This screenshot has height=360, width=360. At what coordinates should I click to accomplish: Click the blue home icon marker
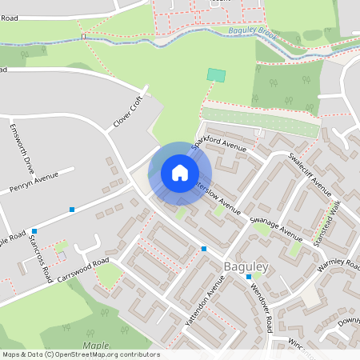(x=180, y=173)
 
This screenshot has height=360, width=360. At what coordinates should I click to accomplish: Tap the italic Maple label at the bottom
(x=95, y=345)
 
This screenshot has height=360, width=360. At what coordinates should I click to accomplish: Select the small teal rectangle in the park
(x=216, y=74)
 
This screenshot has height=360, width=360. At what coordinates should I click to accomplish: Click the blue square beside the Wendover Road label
(x=249, y=277)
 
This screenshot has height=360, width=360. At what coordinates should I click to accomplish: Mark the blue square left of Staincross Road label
(x=34, y=230)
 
